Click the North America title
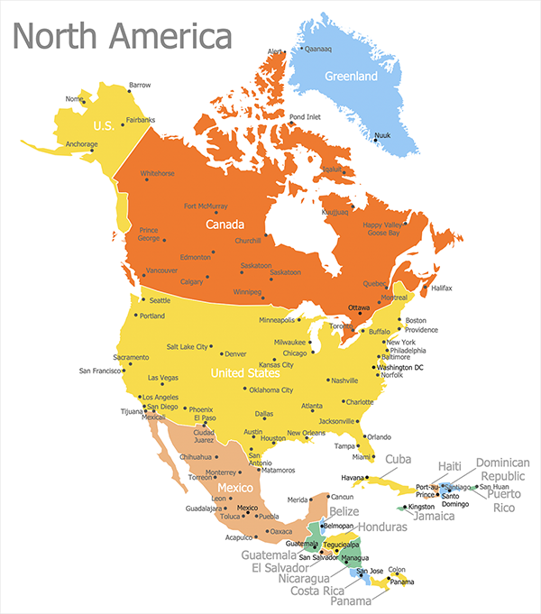[123, 37]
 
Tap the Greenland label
[351, 77]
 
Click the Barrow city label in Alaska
[140, 85]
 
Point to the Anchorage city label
[81, 144]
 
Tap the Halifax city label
[441, 288]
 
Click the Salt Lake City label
[187, 346]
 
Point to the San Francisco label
[101, 371]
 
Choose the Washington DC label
[400, 367]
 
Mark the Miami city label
[362, 457]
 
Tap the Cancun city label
[342, 497]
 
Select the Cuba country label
[398, 459]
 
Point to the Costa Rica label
[315, 591]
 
